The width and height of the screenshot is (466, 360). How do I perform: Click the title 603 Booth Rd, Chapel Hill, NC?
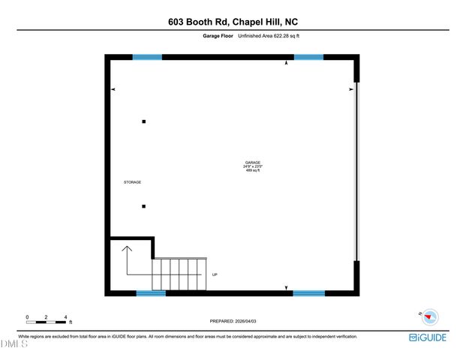click(x=233, y=22)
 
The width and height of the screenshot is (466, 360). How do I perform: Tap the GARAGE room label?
click(x=253, y=163)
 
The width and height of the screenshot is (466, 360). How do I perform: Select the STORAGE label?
click(x=132, y=182)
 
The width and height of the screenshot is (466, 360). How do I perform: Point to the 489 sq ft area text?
click(x=253, y=171)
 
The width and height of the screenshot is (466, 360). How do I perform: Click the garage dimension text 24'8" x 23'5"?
click(x=253, y=166)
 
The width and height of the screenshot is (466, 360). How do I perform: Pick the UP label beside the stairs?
click(x=215, y=275)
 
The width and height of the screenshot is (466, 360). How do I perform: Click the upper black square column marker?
click(x=144, y=121)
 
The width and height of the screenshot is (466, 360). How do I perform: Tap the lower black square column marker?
click(x=144, y=207)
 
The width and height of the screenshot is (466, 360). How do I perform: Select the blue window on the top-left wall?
click(x=147, y=57)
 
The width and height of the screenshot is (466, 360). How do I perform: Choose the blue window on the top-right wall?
click(x=308, y=57)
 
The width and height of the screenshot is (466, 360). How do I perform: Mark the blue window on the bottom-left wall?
click(x=151, y=293)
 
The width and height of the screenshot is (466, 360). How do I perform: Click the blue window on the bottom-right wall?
click(x=308, y=293)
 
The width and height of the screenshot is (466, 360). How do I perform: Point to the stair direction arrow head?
click(x=126, y=247)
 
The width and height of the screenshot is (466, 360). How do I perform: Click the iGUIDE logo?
click(x=428, y=337)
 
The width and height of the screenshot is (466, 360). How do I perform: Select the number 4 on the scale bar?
click(x=66, y=317)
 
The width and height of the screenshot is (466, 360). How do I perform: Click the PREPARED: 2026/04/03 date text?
click(x=233, y=322)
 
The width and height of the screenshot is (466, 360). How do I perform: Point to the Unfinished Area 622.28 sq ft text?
click(x=269, y=36)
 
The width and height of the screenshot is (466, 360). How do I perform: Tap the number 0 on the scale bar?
click(x=27, y=317)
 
